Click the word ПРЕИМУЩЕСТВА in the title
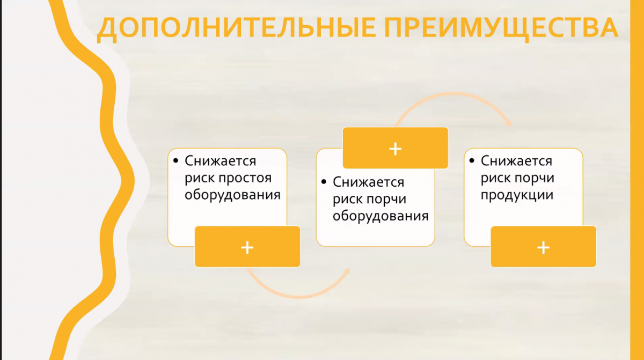[x=501, y=28]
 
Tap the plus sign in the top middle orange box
[x=396, y=149]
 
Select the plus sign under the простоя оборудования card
[x=247, y=247]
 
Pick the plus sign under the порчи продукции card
[x=543, y=247]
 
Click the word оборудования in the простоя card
[x=232, y=195]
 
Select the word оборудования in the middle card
[x=380, y=216]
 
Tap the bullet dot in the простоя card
[x=175, y=160]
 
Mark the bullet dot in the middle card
[x=324, y=181]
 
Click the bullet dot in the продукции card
[x=472, y=160]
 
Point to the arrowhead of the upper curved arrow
[x=508, y=123]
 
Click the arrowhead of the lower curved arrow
[x=347, y=271]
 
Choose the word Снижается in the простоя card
[x=220, y=161]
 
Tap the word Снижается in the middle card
[x=368, y=182]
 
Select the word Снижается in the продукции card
[x=516, y=161]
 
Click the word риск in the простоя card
[x=200, y=178]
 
